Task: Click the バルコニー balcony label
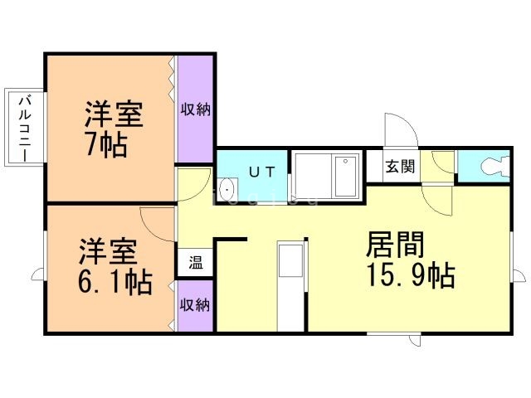(25, 128)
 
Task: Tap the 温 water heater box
(196, 264)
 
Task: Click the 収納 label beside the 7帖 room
(196, 109)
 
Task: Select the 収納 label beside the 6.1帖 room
(196, 305)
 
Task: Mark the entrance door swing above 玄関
(400, 129)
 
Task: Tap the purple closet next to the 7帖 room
(196, 109)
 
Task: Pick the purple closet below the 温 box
(196, 305)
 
